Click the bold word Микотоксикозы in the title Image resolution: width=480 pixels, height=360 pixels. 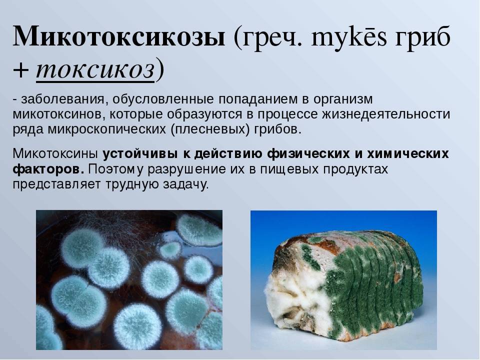(119, 36)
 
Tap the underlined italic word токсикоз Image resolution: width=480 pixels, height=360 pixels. (95, 70)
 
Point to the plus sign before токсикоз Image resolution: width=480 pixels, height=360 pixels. (21, 70)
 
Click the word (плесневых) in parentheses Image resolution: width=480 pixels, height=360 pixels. (210, 129)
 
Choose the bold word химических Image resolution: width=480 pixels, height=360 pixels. (408, 153)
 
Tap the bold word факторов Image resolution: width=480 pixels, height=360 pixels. (48, 169)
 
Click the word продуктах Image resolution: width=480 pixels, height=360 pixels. (353, 169)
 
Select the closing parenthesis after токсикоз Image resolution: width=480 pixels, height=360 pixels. (159, 70)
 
